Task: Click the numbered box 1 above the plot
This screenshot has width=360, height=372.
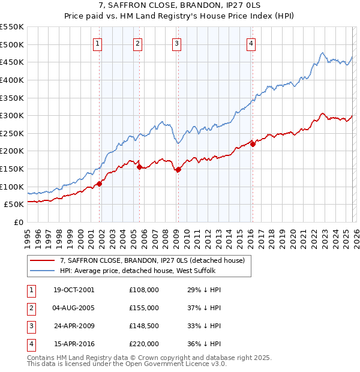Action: click(97, 43)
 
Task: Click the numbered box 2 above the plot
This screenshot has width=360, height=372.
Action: click(137, 43)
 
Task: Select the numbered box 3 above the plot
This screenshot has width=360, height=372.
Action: click(177, 43)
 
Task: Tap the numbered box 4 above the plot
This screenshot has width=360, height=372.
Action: click(251, 43)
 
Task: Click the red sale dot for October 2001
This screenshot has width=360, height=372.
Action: click(100, 184)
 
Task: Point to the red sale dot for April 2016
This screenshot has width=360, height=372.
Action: click(253, 144)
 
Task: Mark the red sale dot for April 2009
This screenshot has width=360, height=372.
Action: click(179, 170)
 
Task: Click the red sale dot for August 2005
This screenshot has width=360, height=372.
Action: click(140, 167)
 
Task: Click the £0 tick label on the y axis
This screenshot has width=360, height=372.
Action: click(18, 222)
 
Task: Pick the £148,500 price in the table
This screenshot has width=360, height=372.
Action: click(144, 326)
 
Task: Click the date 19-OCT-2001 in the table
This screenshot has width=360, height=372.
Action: click(74, 290)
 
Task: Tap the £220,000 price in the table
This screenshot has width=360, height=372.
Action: click(144, 344)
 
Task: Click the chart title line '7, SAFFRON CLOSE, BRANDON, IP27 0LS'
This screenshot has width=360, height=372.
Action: click(180, 6)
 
